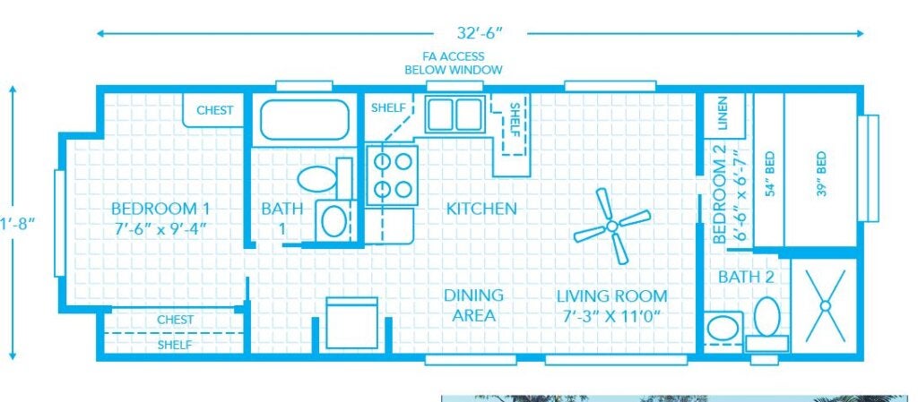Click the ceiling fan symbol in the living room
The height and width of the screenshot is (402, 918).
[612, 226]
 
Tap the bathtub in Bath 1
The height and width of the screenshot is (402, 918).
[304, 120]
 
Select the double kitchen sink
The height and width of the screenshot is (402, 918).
[454, 115]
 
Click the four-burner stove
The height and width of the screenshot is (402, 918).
[393, 175]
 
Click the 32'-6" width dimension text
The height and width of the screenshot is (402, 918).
[481, 34]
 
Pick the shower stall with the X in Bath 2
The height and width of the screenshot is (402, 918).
[825, 304]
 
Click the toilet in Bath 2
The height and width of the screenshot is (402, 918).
[766, 322]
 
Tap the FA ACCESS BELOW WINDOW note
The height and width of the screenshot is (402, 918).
[454, 63]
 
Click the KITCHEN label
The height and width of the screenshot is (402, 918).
[481, 209]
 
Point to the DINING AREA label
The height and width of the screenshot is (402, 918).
[472, 304]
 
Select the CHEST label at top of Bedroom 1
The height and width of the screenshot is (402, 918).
[215, 111]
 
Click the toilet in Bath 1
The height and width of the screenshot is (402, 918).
[316, 177]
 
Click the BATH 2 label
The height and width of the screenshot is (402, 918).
[745, 278]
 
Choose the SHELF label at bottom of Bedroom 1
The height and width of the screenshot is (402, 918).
[175, 344]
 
